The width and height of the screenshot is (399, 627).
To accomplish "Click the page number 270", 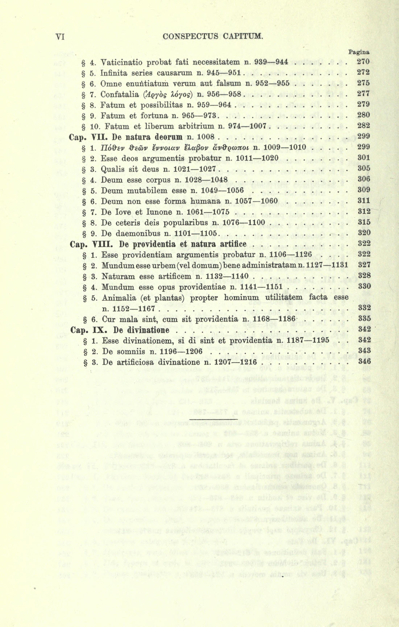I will [x=363, y=62].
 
